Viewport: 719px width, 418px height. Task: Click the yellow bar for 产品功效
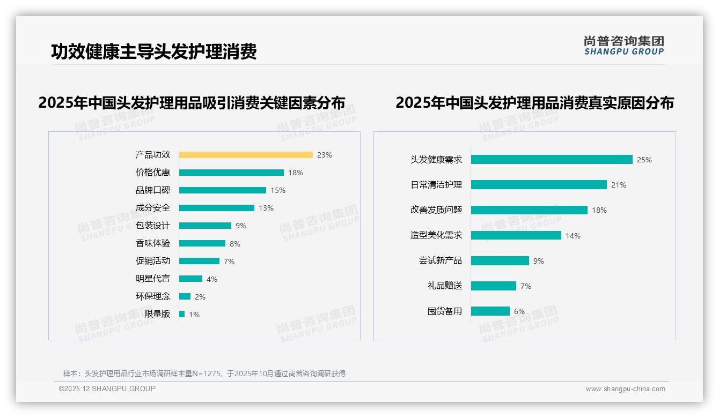(246, 155)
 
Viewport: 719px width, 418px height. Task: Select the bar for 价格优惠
(231, 173)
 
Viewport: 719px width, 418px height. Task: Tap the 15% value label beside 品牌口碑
(278, 190)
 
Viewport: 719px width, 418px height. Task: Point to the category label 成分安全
(153, 208)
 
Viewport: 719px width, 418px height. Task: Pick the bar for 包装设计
(205, 226)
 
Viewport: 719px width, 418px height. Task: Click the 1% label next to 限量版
(194, 315)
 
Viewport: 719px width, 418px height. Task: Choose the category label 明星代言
(153, 279)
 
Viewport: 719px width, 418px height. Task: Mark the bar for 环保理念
(185, 296)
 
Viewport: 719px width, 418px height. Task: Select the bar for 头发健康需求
(552, 160)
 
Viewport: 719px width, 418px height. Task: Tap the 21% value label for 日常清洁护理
(619, 185)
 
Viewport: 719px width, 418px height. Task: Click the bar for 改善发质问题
(529, 210)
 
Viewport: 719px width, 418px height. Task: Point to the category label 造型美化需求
(436, 235)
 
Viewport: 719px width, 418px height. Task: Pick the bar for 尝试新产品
(500, 260)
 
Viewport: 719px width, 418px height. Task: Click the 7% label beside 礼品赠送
(526, 286)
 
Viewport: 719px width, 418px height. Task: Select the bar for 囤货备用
(490, 311)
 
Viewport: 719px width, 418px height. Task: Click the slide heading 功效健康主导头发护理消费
(154, 51)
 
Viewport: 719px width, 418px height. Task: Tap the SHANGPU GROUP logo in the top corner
(624, 46)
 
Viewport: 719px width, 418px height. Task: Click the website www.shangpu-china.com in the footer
(625, 389)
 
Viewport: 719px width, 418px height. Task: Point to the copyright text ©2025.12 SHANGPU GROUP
(107, 389)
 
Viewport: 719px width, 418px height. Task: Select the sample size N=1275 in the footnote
(207, 374)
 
